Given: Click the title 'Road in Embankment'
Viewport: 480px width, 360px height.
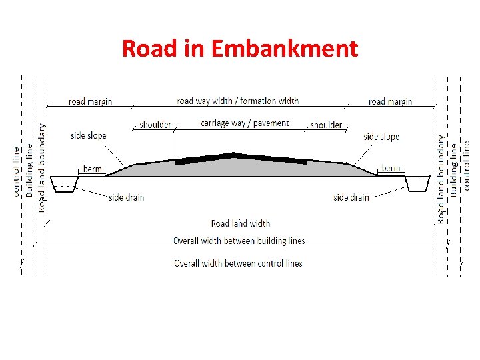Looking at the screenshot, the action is click(239, 49).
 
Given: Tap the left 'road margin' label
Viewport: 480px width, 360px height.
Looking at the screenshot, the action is click(90, 102).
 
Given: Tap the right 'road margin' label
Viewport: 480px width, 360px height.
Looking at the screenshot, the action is click(390, 102).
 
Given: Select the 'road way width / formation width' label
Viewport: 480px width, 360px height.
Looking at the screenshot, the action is click(238, 101).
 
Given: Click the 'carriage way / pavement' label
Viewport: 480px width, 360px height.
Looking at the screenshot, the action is click(245, 123).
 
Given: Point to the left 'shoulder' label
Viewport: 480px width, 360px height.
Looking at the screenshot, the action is click(155, 125).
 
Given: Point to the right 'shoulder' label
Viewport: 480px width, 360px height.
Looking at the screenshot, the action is click(326, 125).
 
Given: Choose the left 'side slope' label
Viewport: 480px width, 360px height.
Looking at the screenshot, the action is click(89, 136).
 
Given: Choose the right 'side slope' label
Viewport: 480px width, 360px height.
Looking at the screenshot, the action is click(381, 137).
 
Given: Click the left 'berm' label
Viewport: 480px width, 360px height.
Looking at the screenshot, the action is click(93, 169).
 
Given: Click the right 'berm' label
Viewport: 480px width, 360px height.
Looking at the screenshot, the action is click(391, 169).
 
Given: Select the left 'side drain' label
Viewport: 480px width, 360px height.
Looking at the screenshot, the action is click(126, 197).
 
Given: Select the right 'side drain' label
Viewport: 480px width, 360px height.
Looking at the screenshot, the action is click(351, 197).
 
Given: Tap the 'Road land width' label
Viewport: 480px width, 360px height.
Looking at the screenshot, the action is click(240, 223).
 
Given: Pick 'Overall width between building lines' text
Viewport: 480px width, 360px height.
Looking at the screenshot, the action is click(239, 241).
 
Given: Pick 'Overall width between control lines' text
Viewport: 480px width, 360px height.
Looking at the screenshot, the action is click(238, 263).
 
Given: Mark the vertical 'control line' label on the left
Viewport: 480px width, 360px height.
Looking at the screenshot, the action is click(17, 171).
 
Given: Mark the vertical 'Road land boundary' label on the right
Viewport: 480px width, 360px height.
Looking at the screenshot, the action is click(441, 178).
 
